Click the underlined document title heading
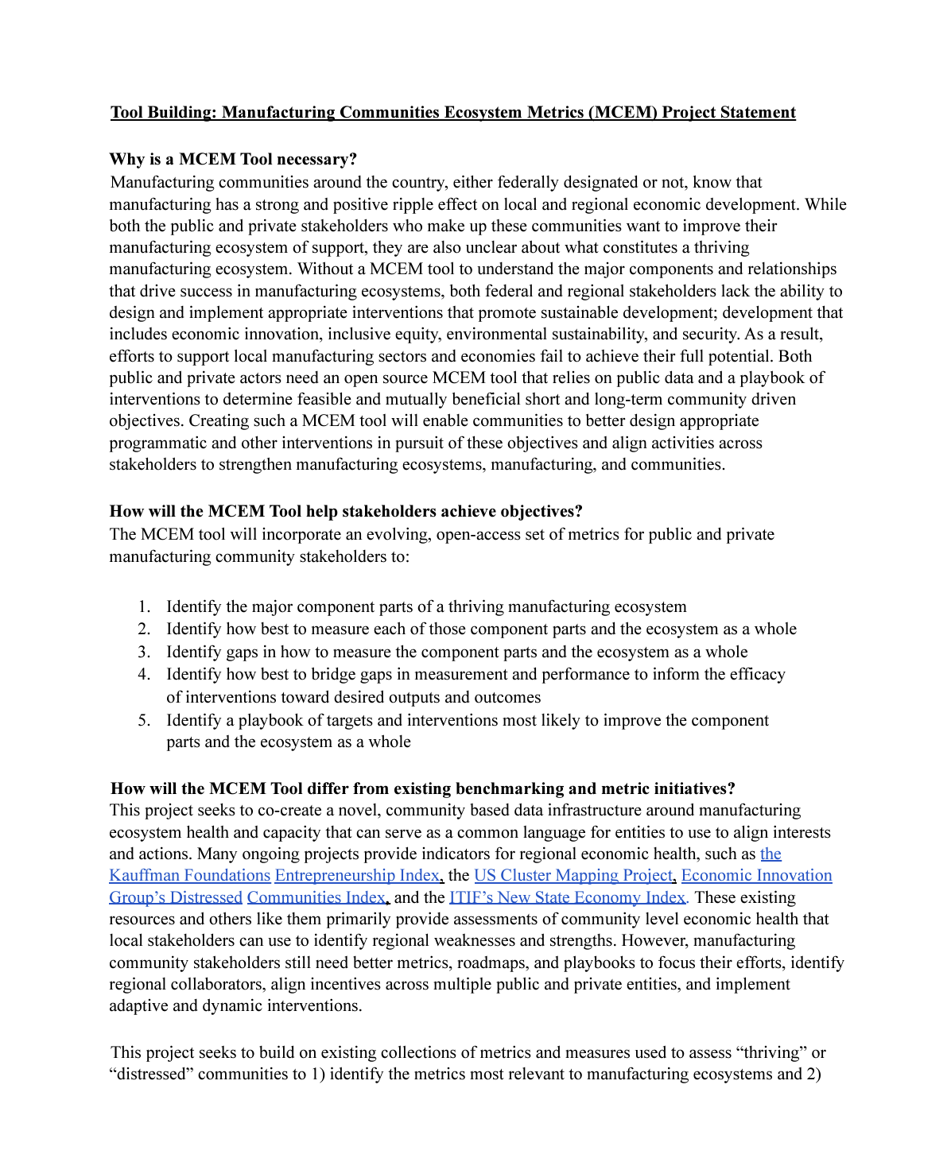(452, 112)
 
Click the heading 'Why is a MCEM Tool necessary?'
(233, 159)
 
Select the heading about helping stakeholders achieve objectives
(346, 511)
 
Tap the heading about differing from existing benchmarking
(422, 788)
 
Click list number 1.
(144, 607)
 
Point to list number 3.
(144, 653)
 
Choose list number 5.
(144, 721)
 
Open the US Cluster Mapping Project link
(573, 876)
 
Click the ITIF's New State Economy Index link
(567, 897)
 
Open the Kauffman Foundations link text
(190, 876)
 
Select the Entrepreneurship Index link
(357, 876)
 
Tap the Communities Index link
(316, 897)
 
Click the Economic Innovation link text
(756, 876)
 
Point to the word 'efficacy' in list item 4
(758, 675)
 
